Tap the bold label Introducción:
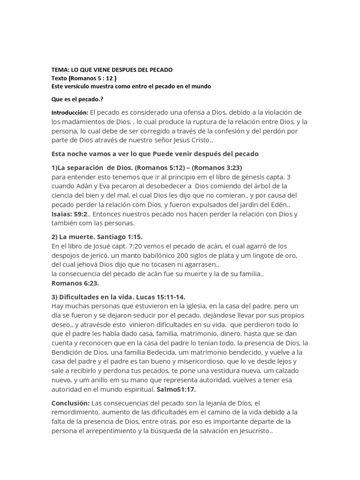click(69, 113)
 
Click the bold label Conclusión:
click(70, 403)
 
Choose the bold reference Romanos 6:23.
click(75, 283)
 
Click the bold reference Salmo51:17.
click(176, 389)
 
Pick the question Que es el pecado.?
click(77, 99)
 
